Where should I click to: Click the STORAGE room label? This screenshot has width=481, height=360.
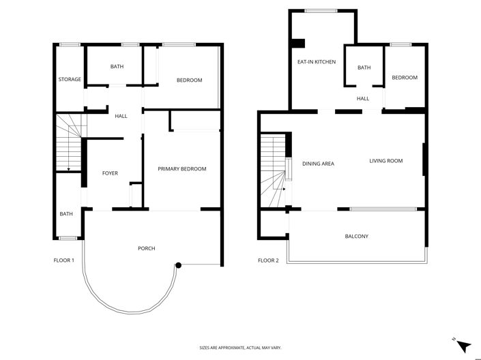70,79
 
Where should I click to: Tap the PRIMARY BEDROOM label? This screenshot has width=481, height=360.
182,169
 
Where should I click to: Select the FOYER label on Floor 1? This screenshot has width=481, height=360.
110,173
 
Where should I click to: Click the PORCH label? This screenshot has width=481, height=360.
146,248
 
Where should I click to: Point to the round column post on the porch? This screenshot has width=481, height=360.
178,265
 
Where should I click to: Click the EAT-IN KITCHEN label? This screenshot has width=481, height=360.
316,62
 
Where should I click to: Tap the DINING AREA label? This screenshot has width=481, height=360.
318,164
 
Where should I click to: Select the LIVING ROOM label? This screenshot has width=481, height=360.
386,161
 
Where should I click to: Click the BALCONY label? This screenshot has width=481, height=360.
356,237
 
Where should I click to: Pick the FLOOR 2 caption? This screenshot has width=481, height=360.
268,260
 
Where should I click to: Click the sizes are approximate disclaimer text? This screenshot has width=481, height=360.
240,348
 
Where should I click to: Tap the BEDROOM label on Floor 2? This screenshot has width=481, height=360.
405,78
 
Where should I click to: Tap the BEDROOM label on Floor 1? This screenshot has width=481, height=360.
190,80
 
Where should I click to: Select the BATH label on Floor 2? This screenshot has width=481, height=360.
364,67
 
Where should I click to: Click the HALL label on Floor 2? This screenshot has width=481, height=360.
363,99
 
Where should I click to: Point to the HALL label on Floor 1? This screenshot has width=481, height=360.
121,116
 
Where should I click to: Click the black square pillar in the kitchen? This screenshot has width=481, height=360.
298,45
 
